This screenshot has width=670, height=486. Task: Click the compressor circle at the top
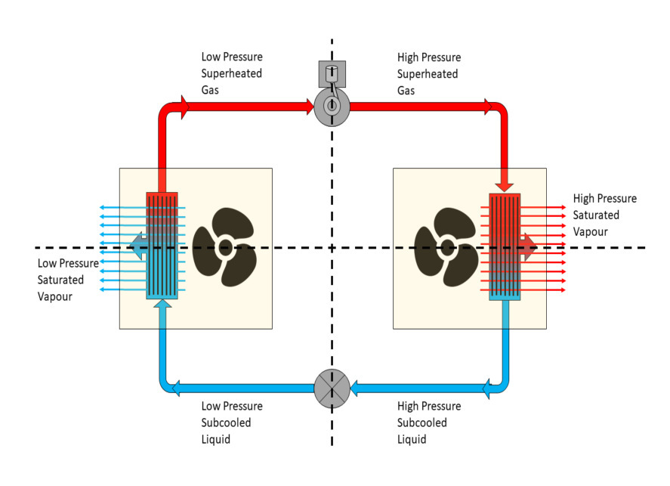pos(332,107)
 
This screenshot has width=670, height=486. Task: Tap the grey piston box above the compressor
pos(332,74)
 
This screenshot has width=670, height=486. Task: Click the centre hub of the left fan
pos(224,246)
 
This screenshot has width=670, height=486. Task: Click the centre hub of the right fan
pos(448,246)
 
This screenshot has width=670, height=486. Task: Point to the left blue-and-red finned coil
pos(162,246)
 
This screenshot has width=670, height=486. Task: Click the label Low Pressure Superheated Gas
pos(232,73)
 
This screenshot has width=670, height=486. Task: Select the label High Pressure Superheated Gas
pos(429,73)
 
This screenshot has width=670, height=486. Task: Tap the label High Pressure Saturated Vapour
pos(604,215)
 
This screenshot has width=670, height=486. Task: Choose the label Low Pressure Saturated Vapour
pos(68,280)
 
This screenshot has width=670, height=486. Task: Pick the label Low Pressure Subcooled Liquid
pos(232,423)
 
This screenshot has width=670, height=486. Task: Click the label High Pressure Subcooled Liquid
pos(429,423)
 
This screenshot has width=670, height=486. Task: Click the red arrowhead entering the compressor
pos(309,107)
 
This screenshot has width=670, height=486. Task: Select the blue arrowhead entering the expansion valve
pos(356,388)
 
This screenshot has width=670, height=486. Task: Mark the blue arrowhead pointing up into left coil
pos(162,304)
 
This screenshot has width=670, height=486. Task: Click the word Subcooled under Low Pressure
pos(227,423)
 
